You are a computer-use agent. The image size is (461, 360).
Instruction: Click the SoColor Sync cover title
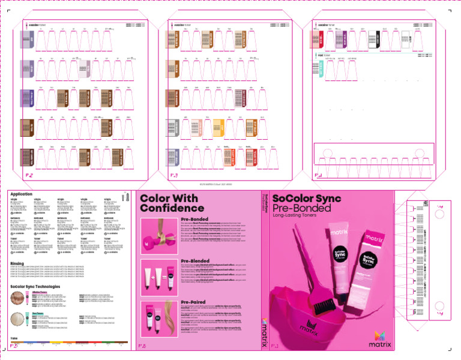(x=306, y=199)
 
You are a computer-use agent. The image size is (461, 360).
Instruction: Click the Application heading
(x=21, y=194)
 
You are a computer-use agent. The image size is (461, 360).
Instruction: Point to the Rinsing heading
(x=17, y=263)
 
